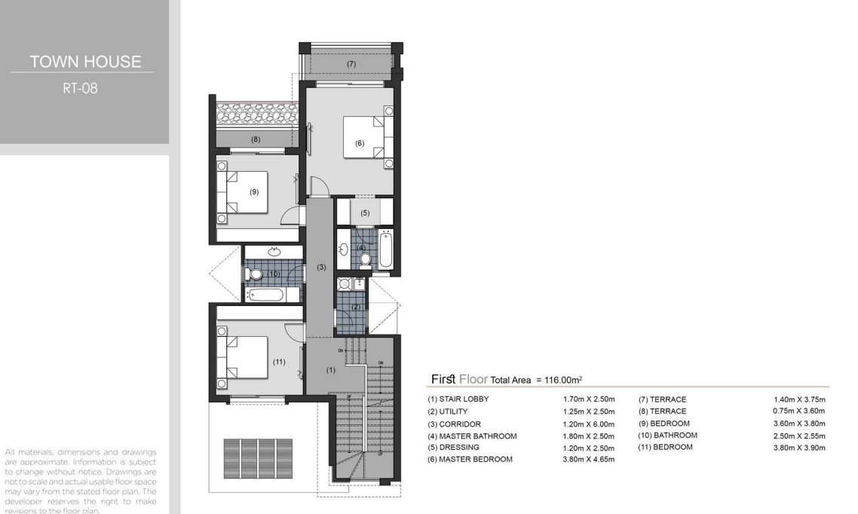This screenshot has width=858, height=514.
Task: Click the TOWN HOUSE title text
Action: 85,61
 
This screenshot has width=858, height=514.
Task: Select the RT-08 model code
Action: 80,88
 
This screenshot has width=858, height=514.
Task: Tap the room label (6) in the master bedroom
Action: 360,143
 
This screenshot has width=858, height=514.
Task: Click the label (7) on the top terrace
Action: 351,64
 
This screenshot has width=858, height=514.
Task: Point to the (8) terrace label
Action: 256,139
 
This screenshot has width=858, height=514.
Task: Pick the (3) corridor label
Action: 321,268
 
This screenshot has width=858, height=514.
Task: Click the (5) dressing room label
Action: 365,213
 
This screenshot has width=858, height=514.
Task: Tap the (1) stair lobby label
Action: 330,370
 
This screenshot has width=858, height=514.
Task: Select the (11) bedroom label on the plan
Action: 279,362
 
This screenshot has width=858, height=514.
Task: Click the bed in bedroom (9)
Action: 243,192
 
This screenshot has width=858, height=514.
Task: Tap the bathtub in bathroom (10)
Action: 265,295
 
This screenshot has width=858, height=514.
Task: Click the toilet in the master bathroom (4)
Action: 366,258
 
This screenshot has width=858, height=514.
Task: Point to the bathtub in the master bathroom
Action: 385,249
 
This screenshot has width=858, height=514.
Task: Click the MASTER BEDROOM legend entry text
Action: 476,459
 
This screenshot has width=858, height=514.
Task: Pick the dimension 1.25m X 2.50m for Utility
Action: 589,412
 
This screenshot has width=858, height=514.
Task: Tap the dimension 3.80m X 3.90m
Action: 799,448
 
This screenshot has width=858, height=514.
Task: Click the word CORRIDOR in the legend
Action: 460,424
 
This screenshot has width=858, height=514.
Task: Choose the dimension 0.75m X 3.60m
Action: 799,412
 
